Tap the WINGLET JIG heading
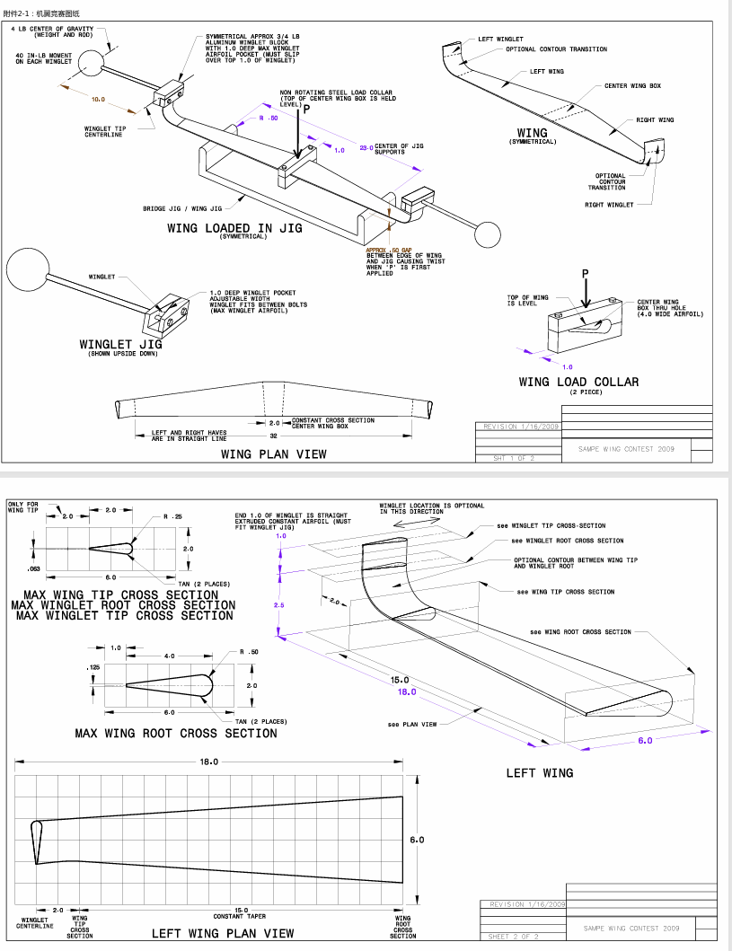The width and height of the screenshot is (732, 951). click(119, 345)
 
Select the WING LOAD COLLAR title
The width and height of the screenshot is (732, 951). click(578, 382)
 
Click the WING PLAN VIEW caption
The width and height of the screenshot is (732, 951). click(273, 454)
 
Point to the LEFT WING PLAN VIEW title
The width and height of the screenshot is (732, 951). click(222, 933)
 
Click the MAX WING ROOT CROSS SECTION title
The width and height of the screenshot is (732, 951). click(176, 733)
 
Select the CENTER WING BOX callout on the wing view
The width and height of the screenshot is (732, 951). click(632, 86)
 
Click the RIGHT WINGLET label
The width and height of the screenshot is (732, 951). click(609, 205)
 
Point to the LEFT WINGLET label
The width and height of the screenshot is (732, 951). click(500, 40)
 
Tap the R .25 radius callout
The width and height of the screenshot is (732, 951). click(172, 517)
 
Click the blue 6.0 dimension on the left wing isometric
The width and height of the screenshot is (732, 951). click(645, 741)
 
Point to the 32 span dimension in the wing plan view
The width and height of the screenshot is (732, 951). click(273, 436)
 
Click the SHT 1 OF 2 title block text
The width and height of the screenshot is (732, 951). click(513, 458)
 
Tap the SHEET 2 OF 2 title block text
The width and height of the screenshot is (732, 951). click(514, 937)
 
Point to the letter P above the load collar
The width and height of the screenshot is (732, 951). click(585, 273)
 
